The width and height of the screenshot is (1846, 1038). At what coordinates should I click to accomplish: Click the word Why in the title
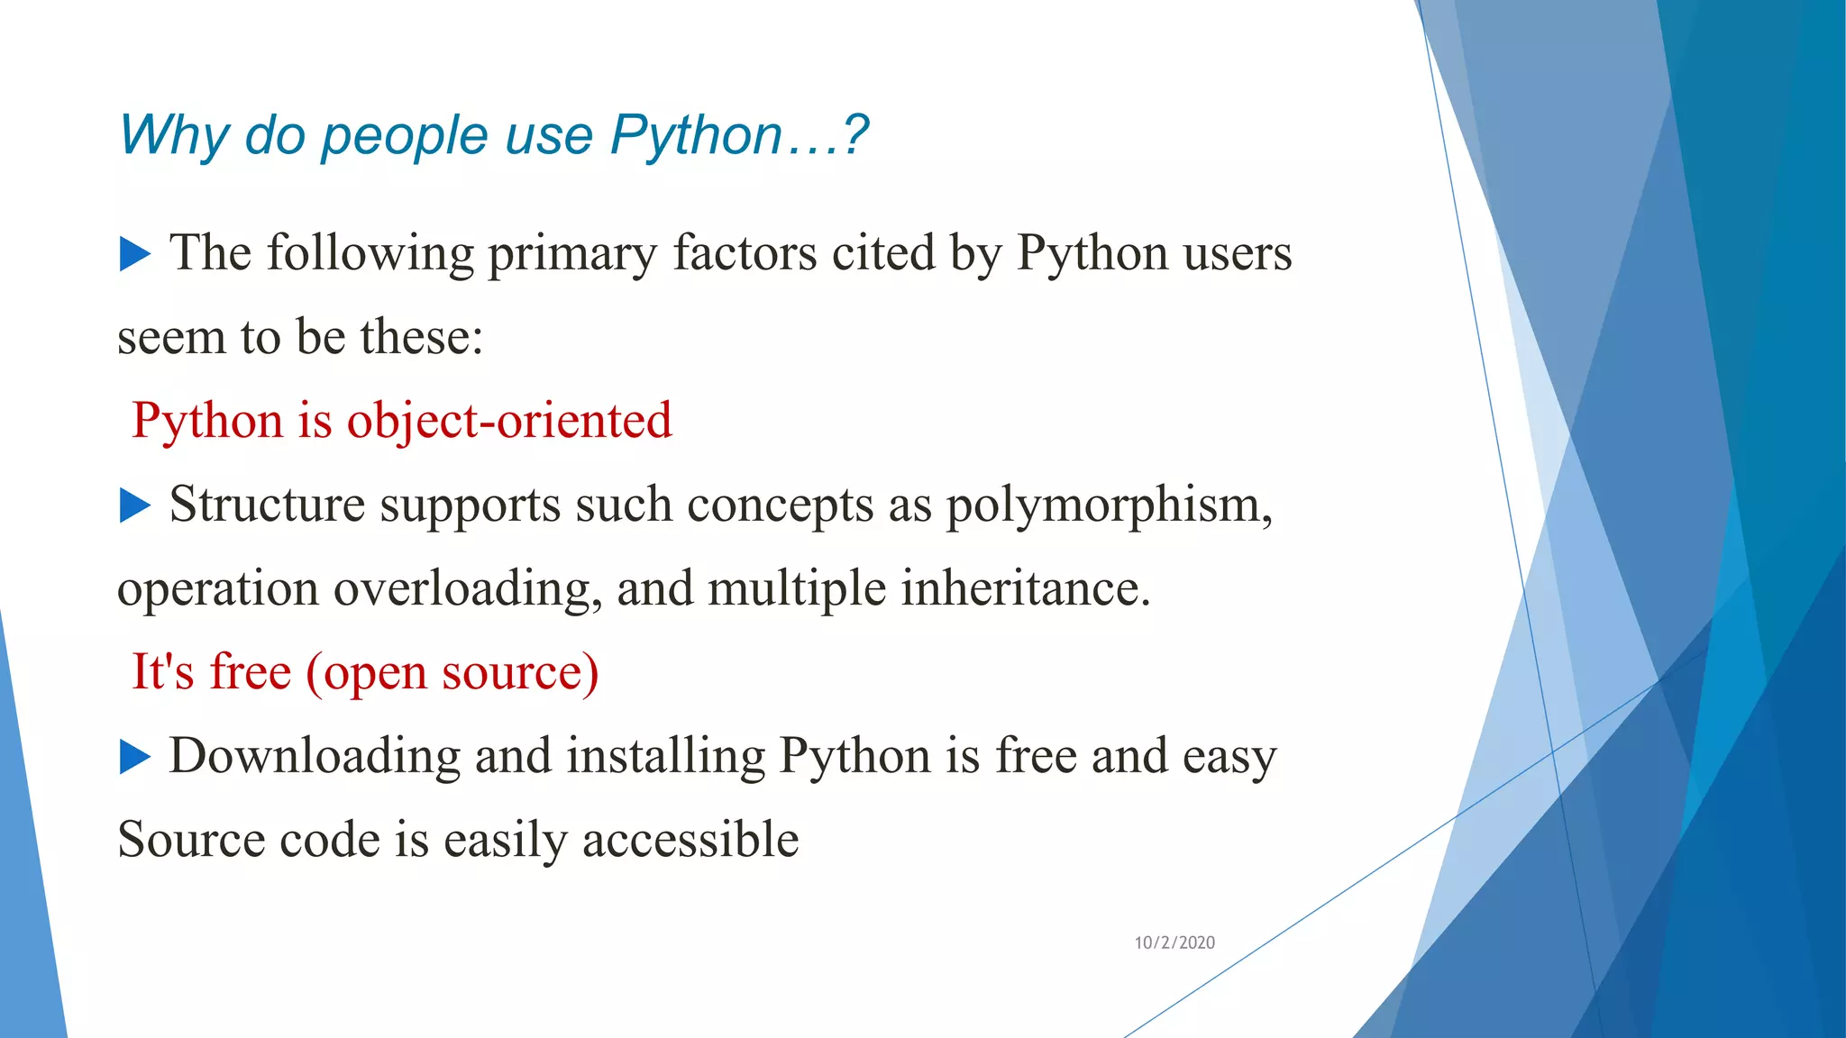pyautogui.click(x=174, y=136)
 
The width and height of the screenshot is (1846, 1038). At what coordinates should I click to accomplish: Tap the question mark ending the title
pyautogui.click(x=855, y=135)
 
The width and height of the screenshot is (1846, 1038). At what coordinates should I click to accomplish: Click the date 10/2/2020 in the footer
pyautogui.click(x=1174, y=942)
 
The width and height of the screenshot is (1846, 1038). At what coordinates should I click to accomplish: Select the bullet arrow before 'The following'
pyautogui.click(x=135, y=254)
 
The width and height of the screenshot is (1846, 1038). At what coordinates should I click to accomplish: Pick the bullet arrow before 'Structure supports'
pyautogui.click(x=135, y=505)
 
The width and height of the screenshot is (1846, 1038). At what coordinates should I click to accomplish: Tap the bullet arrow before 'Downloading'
pyautogui.click(x=135, y=757)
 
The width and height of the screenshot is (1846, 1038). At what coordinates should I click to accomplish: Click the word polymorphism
pyautogui.click(x=1109, y=505)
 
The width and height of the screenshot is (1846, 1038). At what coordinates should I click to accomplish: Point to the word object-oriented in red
pyautogui.click(x=509, y=421)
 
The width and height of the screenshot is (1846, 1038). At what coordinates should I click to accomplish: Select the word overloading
pyautogui.click(x=468, y=589)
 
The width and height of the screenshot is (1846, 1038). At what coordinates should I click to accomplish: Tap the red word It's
pyautogui.click(x=163, y=672)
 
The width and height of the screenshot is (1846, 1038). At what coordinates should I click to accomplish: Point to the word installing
pyautogui.click(x=665, y=756)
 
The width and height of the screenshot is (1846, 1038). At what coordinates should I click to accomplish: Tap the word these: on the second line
pyautogui.click(x=422, y=337)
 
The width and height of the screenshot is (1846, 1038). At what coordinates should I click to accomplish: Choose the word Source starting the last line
pyautogui.click(x=191, y=840)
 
